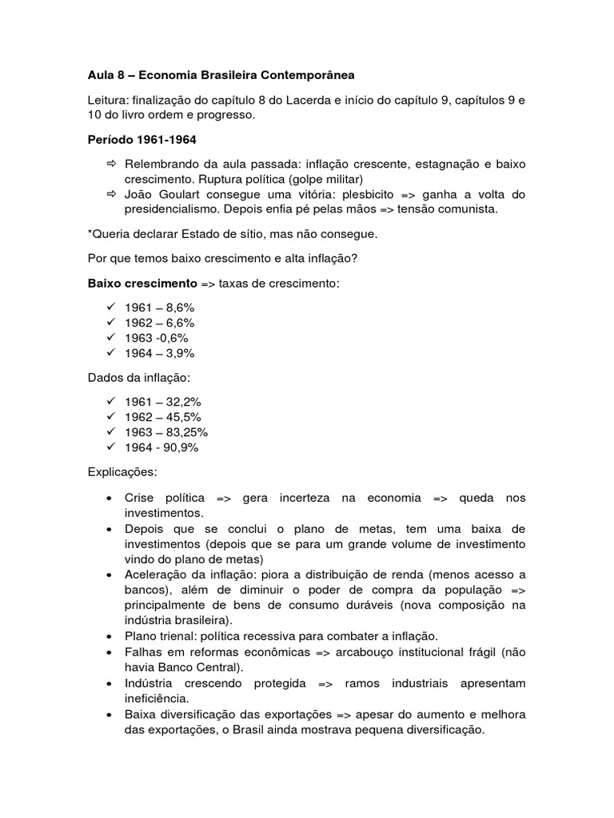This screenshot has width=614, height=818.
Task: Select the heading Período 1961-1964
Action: (142, 140)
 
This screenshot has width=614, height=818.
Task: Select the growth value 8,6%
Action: (181, 308)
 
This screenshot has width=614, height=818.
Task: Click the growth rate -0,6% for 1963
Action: (173, 338)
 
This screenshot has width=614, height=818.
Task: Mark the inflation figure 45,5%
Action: (184, 417)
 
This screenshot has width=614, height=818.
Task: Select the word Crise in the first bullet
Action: (141, 498)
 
